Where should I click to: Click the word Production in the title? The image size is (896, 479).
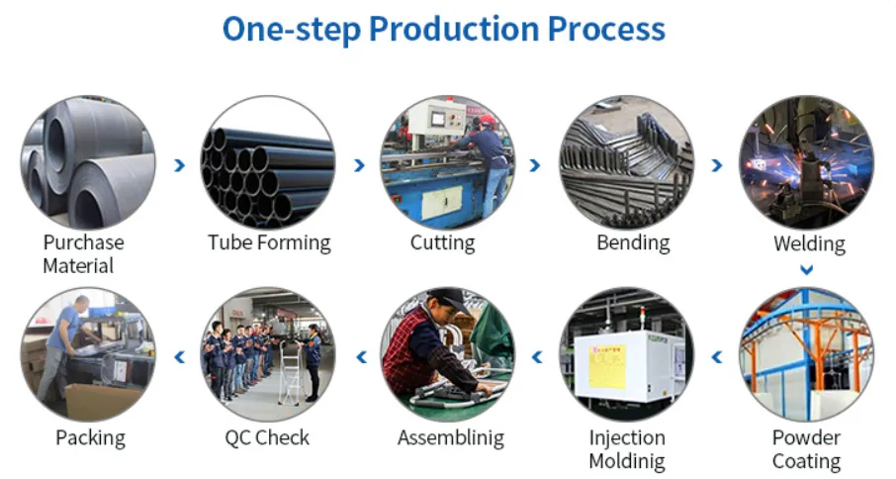pyautogui.click(x=454, y=29)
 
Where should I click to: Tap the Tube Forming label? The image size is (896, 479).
pyautogui.click(x=269, y=242)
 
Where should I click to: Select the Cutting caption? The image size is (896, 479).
pyautogui.click(x=442, y=242)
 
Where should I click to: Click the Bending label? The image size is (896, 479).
pyautogui.click(x=633, y=242)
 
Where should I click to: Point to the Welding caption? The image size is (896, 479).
pyautogui.click(x=809, y=243)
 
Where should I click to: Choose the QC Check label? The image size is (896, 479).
pyautogui.click(x=267, y=437)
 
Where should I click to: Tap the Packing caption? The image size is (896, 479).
pyautogui.click(x=90, y=438)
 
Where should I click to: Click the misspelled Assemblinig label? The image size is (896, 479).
pyautogui.click(x=451, y=438)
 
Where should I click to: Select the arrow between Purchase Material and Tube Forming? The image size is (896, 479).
pyautogui.click(x=179, y=165)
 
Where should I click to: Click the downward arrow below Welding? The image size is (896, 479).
pyautogui.click(x=806, y=269)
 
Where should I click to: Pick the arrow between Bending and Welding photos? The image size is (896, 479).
pyautogui.click(x=717, y=165)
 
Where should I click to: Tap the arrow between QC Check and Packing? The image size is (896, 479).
pyautogui.click(x=179, y=357)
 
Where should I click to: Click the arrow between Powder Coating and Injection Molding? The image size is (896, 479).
pyautogui.click(x=717, y=357)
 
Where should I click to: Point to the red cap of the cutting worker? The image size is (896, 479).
pyautogui.click(x=488, y=120)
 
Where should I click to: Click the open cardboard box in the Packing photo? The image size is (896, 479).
pyautogui.click(x=102, y=400)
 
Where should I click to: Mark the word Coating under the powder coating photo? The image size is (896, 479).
pyautogui.click(x=806, y=461)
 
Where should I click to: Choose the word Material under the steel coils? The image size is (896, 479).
pyautogui.click(x=78, y=266)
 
